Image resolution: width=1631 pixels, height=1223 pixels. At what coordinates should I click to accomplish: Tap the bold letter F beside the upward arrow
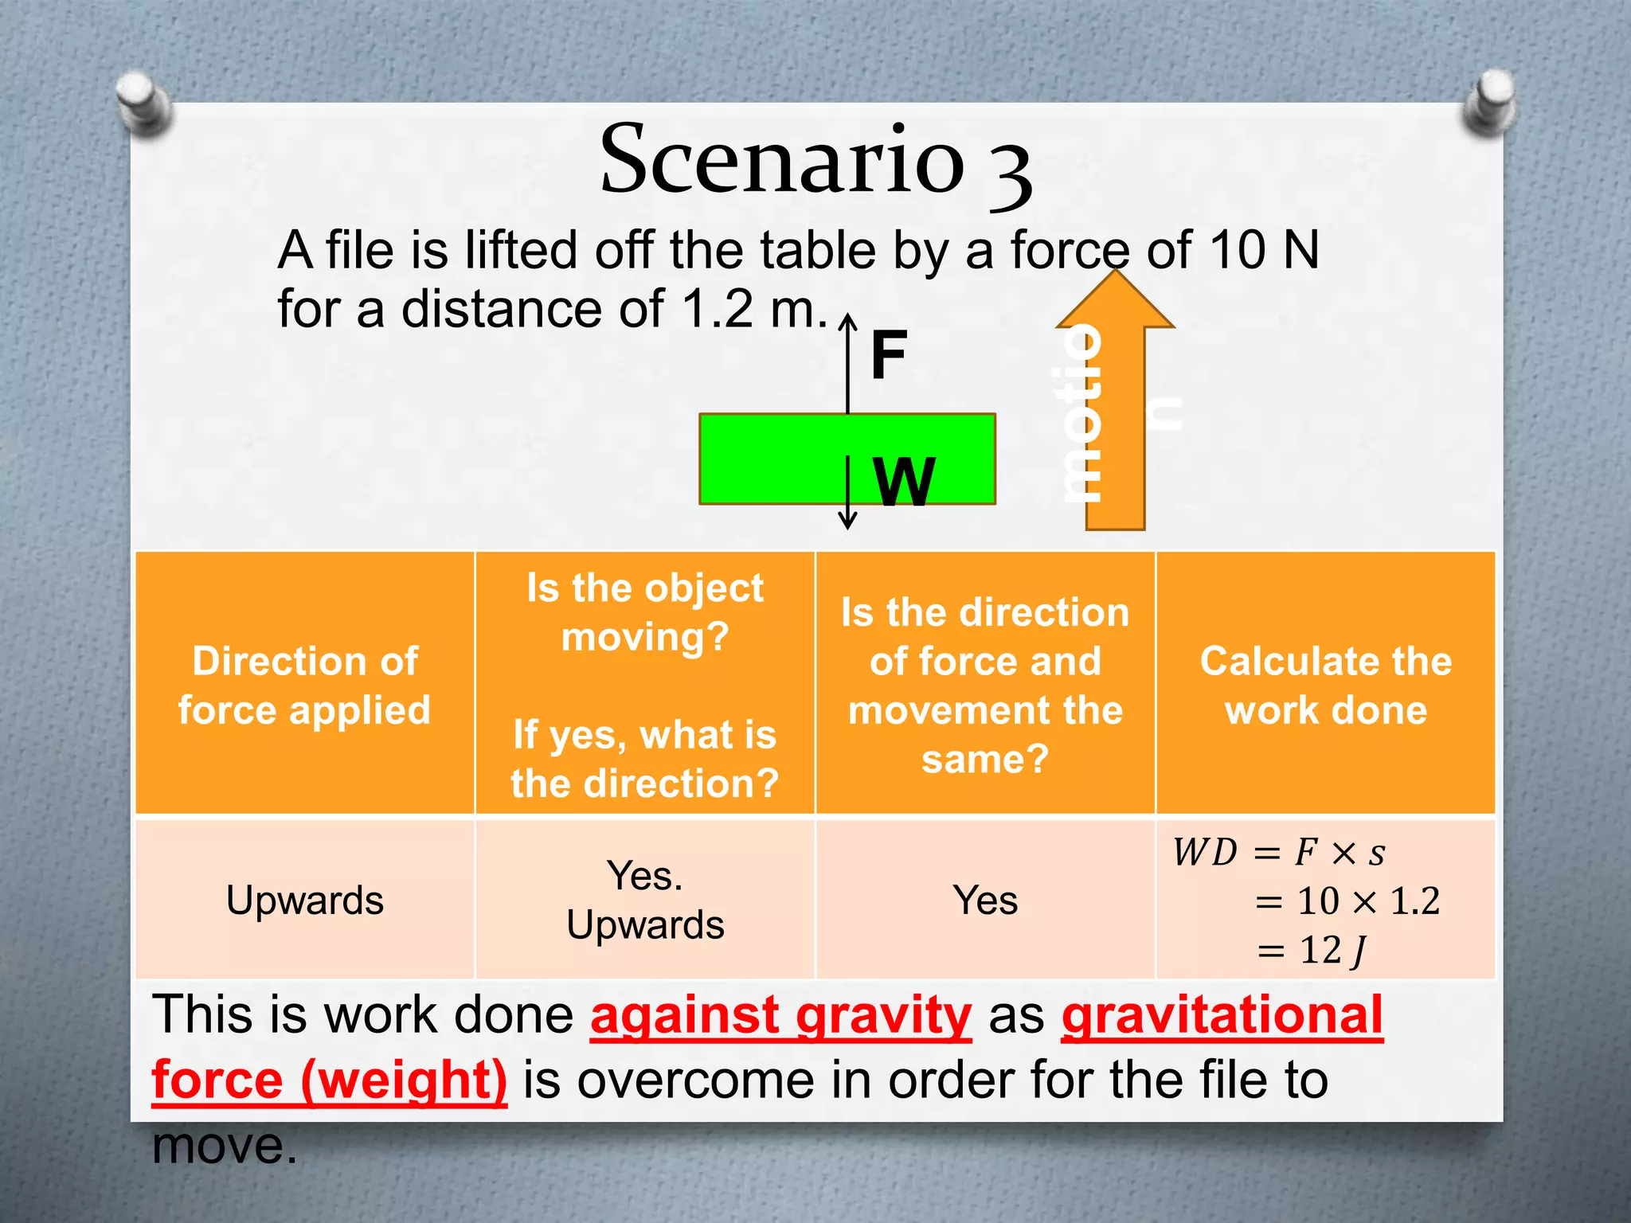pyautogui.click(x=889, y=356)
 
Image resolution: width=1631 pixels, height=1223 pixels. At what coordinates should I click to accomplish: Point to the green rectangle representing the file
pyautogui.click(x=765, y=459)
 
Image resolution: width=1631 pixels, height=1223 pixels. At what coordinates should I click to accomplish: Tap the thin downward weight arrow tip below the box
pyautogui.click(x=848, y=522)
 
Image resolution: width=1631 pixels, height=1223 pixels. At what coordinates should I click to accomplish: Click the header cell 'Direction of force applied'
pyautogui.click(x=305, y=685)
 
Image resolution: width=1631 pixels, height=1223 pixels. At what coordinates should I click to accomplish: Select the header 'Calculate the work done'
pyautogui.click(x=1326, y=685)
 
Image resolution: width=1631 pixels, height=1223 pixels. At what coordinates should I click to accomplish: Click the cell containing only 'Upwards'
pyautogui.click(x=305, y=901)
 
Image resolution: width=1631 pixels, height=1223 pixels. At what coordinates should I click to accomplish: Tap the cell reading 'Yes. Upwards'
pyautogui.click(x=645, y=901)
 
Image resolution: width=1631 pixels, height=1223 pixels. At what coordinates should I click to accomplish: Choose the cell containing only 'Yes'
pyautogui.click(x=985, y=901)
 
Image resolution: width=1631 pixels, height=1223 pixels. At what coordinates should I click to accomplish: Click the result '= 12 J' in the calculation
pyautogui.click(x=1314, y=951)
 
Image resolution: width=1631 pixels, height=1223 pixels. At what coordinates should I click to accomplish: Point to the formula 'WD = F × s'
pyautogui.click(x=1279, y=853)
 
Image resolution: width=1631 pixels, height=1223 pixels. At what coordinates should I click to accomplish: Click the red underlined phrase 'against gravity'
pyautogui.click(x=780, y=1017)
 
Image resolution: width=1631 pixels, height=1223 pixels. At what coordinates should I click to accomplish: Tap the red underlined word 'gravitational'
pyautogui.click(x=1222, y=1017)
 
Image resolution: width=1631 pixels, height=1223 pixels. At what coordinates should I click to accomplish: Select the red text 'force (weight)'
pyautogui.click(x=329, y=1080)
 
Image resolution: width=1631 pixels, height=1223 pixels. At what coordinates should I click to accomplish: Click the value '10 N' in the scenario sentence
pyautogui.click(x=1263, y=250)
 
